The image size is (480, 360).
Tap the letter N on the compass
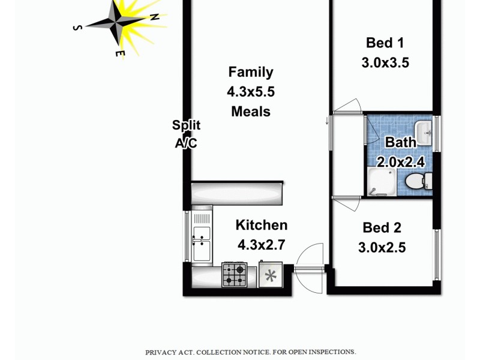click(x=155, y=17)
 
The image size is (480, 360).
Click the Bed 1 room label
click(x=385, y=43)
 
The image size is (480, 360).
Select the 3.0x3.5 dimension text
click(x=385, y=62)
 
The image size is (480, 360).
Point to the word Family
click(x=251, y=72)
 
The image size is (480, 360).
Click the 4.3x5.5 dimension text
click(x=251, y=92)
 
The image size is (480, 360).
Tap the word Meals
click(x=251, y=111)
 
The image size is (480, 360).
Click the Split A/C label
click(x=186, y=134)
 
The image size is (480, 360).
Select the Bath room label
click(x=400, y=143)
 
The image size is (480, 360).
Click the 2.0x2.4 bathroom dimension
click(x=400, y=161)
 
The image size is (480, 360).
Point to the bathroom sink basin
click(x=423, y=131)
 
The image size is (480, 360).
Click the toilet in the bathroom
click(x=418, y=181)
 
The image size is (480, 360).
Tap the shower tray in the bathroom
click(x=382, y=181)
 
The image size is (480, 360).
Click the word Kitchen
click(x=261, y=225)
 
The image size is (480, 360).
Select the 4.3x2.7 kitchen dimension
click(x=261, y=245)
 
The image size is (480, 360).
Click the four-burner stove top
click(x=233, y=275)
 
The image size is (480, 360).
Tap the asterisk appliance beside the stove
click(x=271, y=275)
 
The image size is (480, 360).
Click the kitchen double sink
click(x=202, y=236)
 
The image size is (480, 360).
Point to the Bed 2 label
click(x=382, y=228)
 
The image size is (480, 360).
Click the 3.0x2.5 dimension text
click(x=382, y=247)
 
